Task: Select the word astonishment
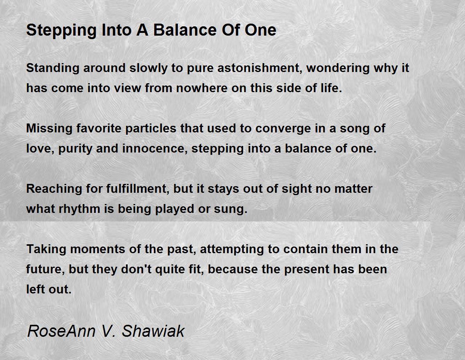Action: [x=259, y=68]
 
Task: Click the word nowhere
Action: [x=201, y=88]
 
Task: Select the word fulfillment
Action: [x=138, y=189]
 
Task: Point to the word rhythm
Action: [x=79, y=209]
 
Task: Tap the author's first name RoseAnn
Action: [x=61, y=331]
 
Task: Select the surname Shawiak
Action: [x=153, y=331]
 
